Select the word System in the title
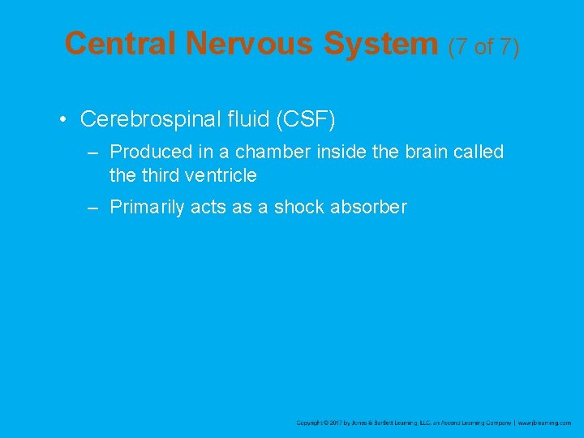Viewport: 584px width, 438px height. pyautogui.click(x=380, y=43)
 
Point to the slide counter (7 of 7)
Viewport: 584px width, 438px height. pyautogui.click(x=483, y=47)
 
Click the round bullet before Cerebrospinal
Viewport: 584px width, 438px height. pyautogui.click(x=62, y=120)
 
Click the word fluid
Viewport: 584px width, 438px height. pyautogui.click(x=247, y=119)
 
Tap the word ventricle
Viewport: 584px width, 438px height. pyautogui.click(x=220, y=174)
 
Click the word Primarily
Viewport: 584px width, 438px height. pyautogui.click(x=147, y=207)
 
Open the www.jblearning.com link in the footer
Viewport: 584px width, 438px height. pyautogui.click(x=545, y=423)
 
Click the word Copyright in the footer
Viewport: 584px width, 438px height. pyautogui.click(x=309, y=423)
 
